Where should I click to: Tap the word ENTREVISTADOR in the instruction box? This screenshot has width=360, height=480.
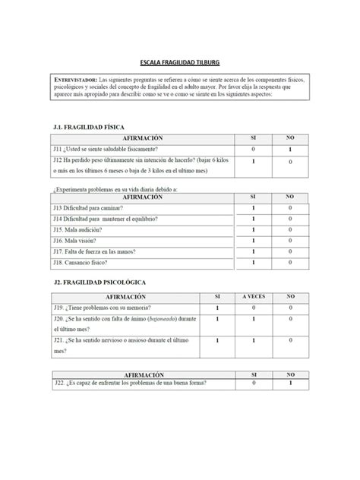pyautogui.click(x=74, y=81)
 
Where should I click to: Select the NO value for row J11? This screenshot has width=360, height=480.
pyautogui.click(x=289, y=150)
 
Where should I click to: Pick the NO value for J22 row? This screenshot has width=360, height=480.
pyautogui.click(x=289, y=384)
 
